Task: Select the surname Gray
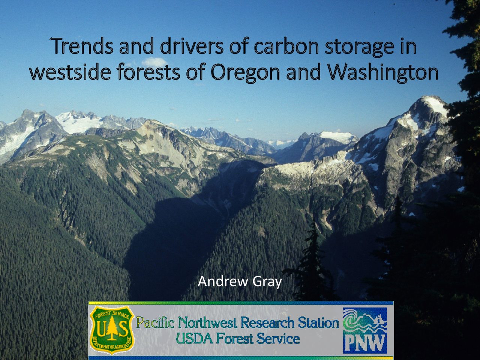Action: [267, 282]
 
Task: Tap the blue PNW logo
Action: [365, 330]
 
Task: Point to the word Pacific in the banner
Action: [156, 322]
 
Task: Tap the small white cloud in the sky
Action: [154, 62]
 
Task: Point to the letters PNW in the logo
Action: [365, 343]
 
